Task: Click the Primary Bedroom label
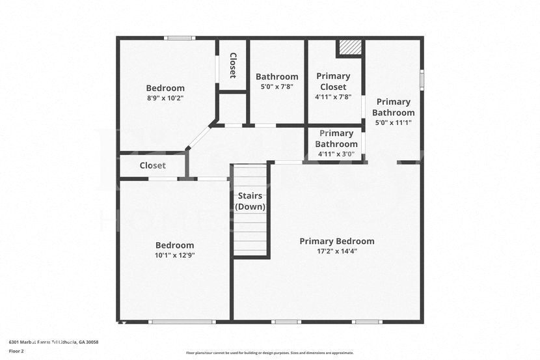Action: click(x=336, y=241)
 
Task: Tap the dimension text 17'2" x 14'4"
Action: click(x=336, y=251)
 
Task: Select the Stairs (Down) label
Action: click(x=250, y=201)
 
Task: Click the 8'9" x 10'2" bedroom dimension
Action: click(x=165, y=98)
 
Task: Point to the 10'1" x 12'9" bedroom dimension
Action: click(x=174, y=255)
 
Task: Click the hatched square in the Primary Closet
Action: click(x=350, y=49)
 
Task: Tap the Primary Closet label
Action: click(x=332, y=81)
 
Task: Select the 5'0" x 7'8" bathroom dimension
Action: click(x=277, y=87)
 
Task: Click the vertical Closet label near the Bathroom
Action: click(x=232, y=65)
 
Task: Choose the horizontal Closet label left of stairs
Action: click(x=152, y=165)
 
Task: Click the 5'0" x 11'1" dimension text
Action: click(x=393, y=122)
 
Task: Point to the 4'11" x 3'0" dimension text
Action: click(x=336, y=154)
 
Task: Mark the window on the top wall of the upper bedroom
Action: click(x=180, y=38)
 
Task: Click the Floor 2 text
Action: click(x=16, y=351)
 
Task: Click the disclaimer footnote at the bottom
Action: click(x=269, y=353)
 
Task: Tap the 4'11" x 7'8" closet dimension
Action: click(x=332, y=97)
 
